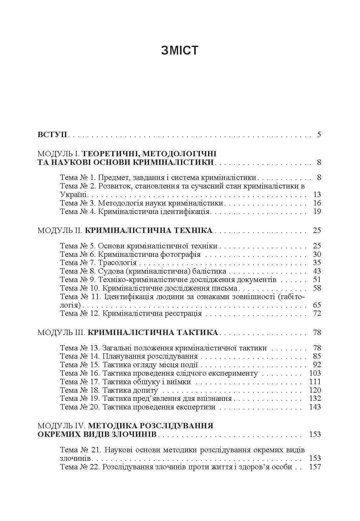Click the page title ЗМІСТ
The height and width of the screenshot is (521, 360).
[180, 50]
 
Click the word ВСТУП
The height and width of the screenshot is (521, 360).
[52, 135]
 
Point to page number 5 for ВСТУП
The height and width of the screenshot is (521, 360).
[319, 135]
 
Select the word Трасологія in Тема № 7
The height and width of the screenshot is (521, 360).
[117, 263]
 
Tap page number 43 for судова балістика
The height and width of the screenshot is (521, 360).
[317, 271]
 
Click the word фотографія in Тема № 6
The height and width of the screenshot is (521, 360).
[183, 254]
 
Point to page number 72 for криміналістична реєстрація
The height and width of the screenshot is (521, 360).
[317, 313]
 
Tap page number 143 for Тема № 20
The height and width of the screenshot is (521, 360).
[315, 407]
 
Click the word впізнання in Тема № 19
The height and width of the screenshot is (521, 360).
[216, 398]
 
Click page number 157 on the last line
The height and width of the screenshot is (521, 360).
[315, 466]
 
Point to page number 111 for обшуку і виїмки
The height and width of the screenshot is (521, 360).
[315, 381]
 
